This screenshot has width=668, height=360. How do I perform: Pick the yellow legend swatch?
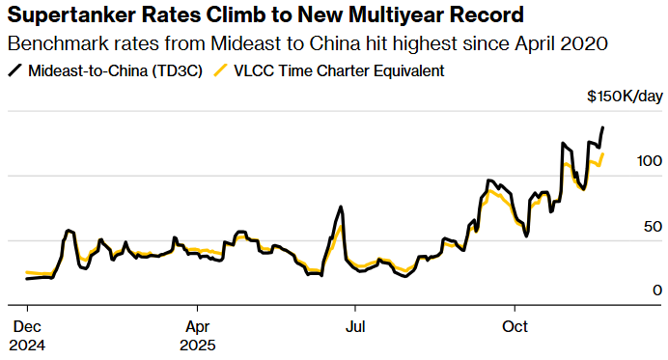[222, 70]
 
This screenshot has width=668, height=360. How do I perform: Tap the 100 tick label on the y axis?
[649, 161]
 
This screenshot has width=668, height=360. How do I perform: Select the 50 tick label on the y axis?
[653, 226]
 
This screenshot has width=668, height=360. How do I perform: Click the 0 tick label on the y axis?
[656, 290]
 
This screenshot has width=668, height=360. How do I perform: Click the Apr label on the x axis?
[196, 326]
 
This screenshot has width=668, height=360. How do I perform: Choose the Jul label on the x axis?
[355, 326]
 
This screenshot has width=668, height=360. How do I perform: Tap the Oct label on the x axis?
[515, 326]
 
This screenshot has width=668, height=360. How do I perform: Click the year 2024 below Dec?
[27, 344]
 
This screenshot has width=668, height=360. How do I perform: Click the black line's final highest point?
[603, 127]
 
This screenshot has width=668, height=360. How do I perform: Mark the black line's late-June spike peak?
[341, 207]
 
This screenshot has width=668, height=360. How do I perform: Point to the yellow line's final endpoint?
[603, 153]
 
